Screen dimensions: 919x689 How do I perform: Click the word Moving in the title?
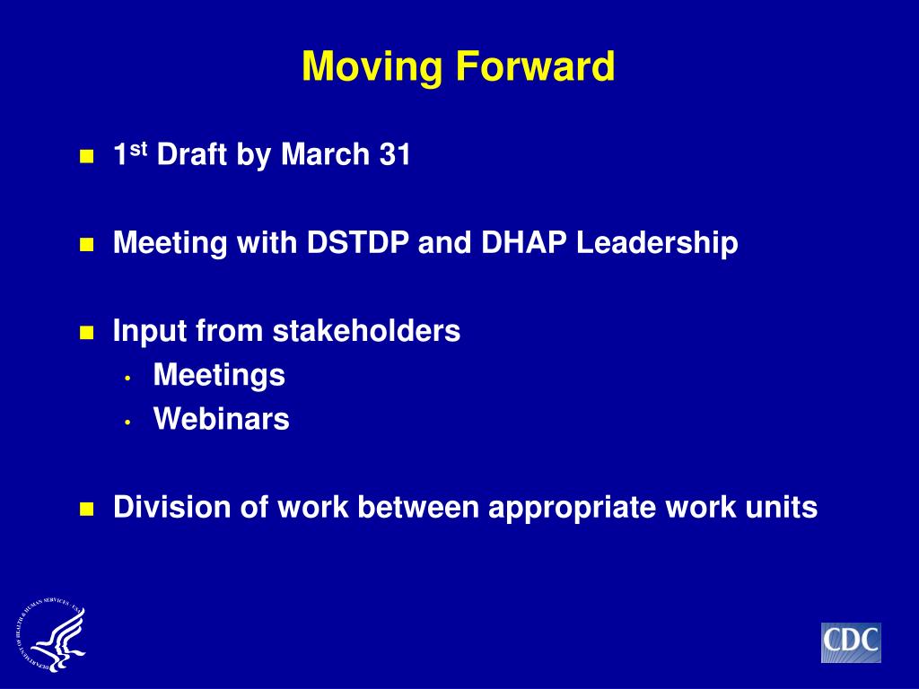(x=372, y=66)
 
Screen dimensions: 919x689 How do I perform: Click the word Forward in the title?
(x=535, y=65)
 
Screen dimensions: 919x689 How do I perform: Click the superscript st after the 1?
(x=138, y=150)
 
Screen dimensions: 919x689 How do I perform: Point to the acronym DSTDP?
(x=357, y=242)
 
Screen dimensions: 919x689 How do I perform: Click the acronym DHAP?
(x=523, y=242)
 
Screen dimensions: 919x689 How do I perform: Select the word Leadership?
(x=656, y=243)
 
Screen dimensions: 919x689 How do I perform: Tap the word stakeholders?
(x=366, y=330)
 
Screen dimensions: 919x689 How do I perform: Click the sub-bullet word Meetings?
(x=219, y=375)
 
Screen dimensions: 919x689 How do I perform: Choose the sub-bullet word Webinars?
(x=221, y=418)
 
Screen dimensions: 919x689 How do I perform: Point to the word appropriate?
(x=572, y=508)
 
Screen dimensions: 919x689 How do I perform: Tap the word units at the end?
(x=782, y=507)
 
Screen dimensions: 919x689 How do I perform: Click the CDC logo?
(x=851, y=642)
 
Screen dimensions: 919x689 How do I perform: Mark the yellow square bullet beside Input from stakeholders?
(x=87, y=333)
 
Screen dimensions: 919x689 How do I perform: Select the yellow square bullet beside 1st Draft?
(x=87, y=156)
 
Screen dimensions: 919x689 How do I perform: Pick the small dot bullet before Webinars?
(x=127, y=422)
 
